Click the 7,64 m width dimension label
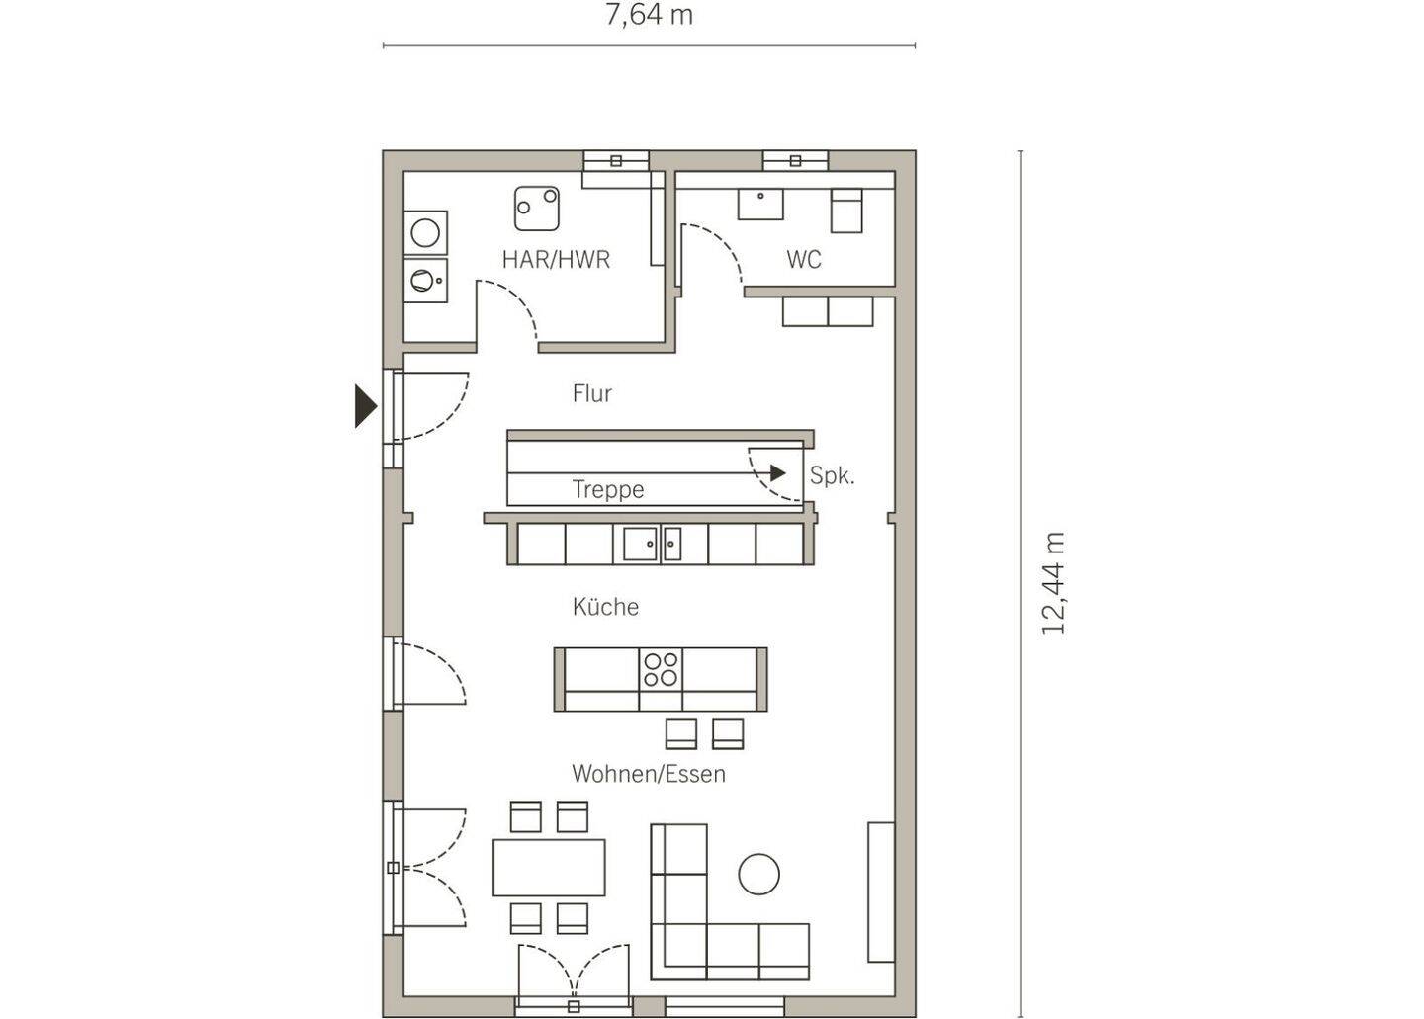click(649, 15)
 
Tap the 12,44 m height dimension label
click(1053, 582)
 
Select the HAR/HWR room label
click(556, 260)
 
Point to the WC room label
click(804, 260)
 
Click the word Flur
click(591, 394)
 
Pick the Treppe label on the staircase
click(608, 490)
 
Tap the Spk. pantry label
click(833, 475)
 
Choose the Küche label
click(605, 607)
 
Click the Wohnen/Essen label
click(649, 774)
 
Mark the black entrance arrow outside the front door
click(366, 406)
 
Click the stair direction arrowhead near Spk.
click(778, 473)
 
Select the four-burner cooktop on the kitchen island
click(661, 669)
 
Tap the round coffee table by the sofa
click(759, 874)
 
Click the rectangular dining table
click(549, 867)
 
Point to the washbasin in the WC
click(760, 204)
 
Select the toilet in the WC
click(846, 211)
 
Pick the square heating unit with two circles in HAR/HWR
click(537, 209)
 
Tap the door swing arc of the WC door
click(718, 248)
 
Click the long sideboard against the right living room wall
click(881, 892)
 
